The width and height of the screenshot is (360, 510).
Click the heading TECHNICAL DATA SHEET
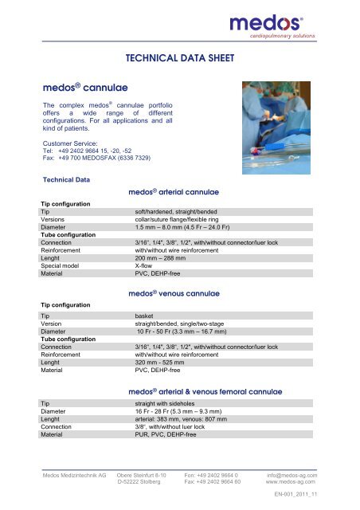coord(179,58)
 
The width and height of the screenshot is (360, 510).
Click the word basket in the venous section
coord(147,316)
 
